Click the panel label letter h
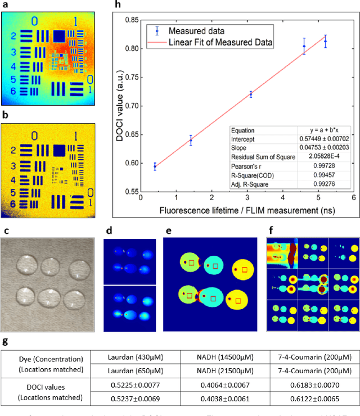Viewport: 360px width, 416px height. [x=117, y=5]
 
